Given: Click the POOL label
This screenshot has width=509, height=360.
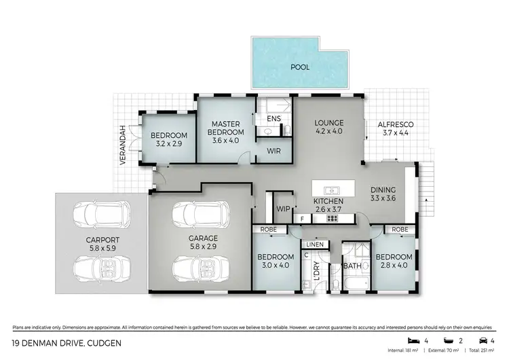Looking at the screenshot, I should (x=299, y=67).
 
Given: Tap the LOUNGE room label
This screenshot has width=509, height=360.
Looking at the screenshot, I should (x=328, y=123).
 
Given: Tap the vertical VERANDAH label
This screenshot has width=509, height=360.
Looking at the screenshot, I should (x=123, y=145).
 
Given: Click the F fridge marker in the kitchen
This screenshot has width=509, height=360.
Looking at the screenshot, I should (x=303, y=219).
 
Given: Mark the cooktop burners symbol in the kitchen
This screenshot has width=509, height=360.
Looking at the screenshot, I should (x=332, y=219).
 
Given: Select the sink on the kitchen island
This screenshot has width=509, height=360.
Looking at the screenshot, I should (x=333, y=190).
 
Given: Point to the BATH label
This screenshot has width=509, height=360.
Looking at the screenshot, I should (x=352, y=266).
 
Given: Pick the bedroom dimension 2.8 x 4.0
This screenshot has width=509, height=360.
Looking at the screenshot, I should (x=392, y=266).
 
